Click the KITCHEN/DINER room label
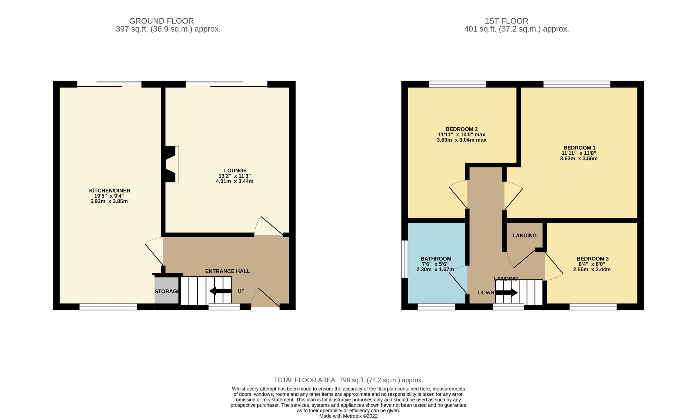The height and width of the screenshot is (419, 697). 109,190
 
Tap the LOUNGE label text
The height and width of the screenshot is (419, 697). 235,171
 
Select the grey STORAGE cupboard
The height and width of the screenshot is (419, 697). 166,291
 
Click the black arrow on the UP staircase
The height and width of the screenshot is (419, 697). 220,291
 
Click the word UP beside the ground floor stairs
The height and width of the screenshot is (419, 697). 241,291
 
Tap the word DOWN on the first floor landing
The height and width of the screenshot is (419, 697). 486,293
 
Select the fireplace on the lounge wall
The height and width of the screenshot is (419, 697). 171,164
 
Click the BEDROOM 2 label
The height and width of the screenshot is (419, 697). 461,129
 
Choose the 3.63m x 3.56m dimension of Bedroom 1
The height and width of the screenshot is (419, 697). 579,158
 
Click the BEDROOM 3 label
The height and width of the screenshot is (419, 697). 592,258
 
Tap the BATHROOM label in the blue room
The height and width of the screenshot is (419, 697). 436,258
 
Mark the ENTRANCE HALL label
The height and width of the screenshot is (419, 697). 227,271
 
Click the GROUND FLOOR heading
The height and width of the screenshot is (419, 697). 161,21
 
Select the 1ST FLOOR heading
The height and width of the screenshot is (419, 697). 506,21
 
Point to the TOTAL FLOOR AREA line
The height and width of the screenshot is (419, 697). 348,380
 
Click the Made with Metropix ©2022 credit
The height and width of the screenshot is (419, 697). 348,416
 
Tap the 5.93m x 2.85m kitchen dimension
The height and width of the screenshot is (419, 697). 109,201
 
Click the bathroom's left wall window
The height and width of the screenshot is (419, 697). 405,259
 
